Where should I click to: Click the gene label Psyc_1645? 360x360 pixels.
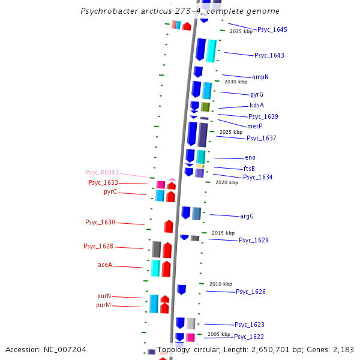pyautogui.click(x=272, y=29)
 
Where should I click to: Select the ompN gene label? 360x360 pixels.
pyautogui.click(x=260, y=77)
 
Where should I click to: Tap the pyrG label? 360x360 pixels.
pyautogui.click(x=257, y=94)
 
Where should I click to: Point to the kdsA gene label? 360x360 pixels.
pyautogui.click(x=257, y=105)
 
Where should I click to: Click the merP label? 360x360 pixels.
pyautogui.click(x=255, y=126)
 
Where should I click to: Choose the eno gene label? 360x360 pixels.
pyautogui.click(x=250, y=157)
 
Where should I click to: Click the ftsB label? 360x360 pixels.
pyautogui.click(x=249, y=169)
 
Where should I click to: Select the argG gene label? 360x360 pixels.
pyautogui.click(x=247, y=216)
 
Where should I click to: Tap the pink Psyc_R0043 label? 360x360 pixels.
pyautogui.click(x=102, y=172)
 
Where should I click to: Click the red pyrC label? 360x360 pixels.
pyautogui.click(x=110, y=192)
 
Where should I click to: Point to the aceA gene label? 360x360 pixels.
pyautogui.click(x=105, y=265)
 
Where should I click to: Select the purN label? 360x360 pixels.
pyautogui.click(x=104, y=296)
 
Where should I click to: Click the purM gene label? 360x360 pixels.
pyautogui.click(x=104, y=305)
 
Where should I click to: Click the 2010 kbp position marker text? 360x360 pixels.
pyautogui.click(x=220, y=284)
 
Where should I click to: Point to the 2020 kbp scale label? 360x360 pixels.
pyautogui.click(x=226, y=182)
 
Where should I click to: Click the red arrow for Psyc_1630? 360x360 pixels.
pyautogui.click(x=169, y=226)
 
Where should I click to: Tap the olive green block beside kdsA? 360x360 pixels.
pyautogui.click(x=205, y=107)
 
